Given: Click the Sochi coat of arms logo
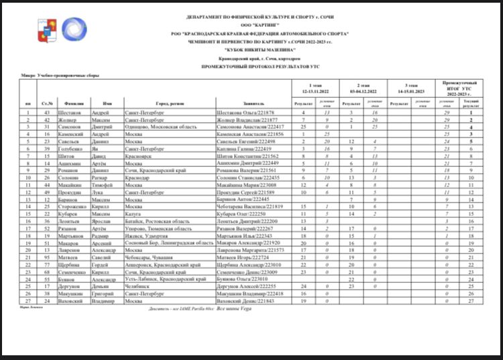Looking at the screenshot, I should tap(44, 29).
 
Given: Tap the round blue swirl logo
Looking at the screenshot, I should tap(74, 29).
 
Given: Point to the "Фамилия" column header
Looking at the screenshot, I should tap(74, 103).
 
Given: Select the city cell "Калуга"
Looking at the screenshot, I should tap(133, 213).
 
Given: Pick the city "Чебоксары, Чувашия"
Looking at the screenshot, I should tap(149, 257).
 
